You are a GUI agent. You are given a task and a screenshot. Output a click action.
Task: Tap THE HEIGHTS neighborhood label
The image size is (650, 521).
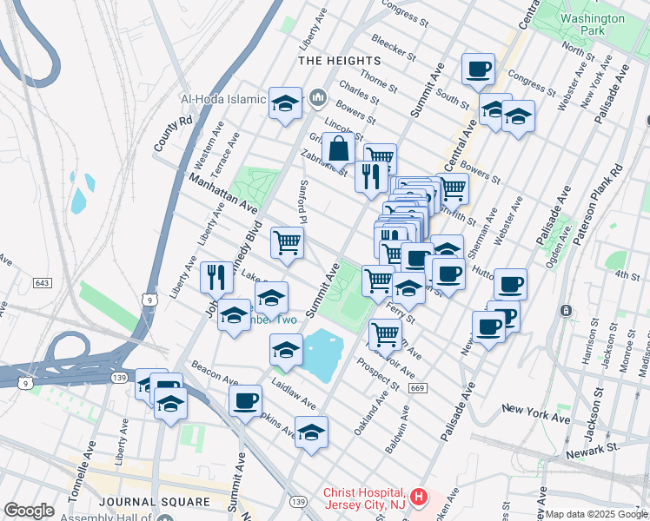pyautogui.click(x=339, y=61)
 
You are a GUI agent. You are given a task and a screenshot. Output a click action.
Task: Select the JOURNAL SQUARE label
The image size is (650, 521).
pyautogui.click(x=155, y=502)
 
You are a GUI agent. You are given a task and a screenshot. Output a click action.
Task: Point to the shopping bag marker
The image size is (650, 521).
pyautogui.click(x=339, y=148)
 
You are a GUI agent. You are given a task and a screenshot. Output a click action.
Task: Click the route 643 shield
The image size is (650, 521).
pyautogui.click(x=43, y=283)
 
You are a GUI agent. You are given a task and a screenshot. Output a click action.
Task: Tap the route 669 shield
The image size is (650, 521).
pyautogui.click(x=417, y=387)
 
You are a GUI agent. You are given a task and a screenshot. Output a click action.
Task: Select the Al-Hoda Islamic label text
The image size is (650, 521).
pyautogui.click(x=222, y=99)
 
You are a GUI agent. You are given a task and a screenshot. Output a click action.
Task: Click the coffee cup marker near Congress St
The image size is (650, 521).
pyautogui.click(x=477, y=69)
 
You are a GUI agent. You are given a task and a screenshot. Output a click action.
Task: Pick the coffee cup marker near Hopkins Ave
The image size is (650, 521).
pyautogui.click(x=247, y=399)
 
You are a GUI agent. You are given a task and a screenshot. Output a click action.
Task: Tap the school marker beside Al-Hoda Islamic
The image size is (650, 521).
pyautogui.click(x=284, y=102)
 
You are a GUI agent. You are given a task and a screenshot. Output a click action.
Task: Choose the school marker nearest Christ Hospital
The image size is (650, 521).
pyautogui.click(x=310, y=432)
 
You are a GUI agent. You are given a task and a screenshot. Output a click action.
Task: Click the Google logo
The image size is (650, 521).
pyautogui.click(x=29, y=511)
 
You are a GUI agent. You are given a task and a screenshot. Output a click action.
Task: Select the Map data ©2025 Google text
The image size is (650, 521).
pyautogui.click(x=595, y=515)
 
